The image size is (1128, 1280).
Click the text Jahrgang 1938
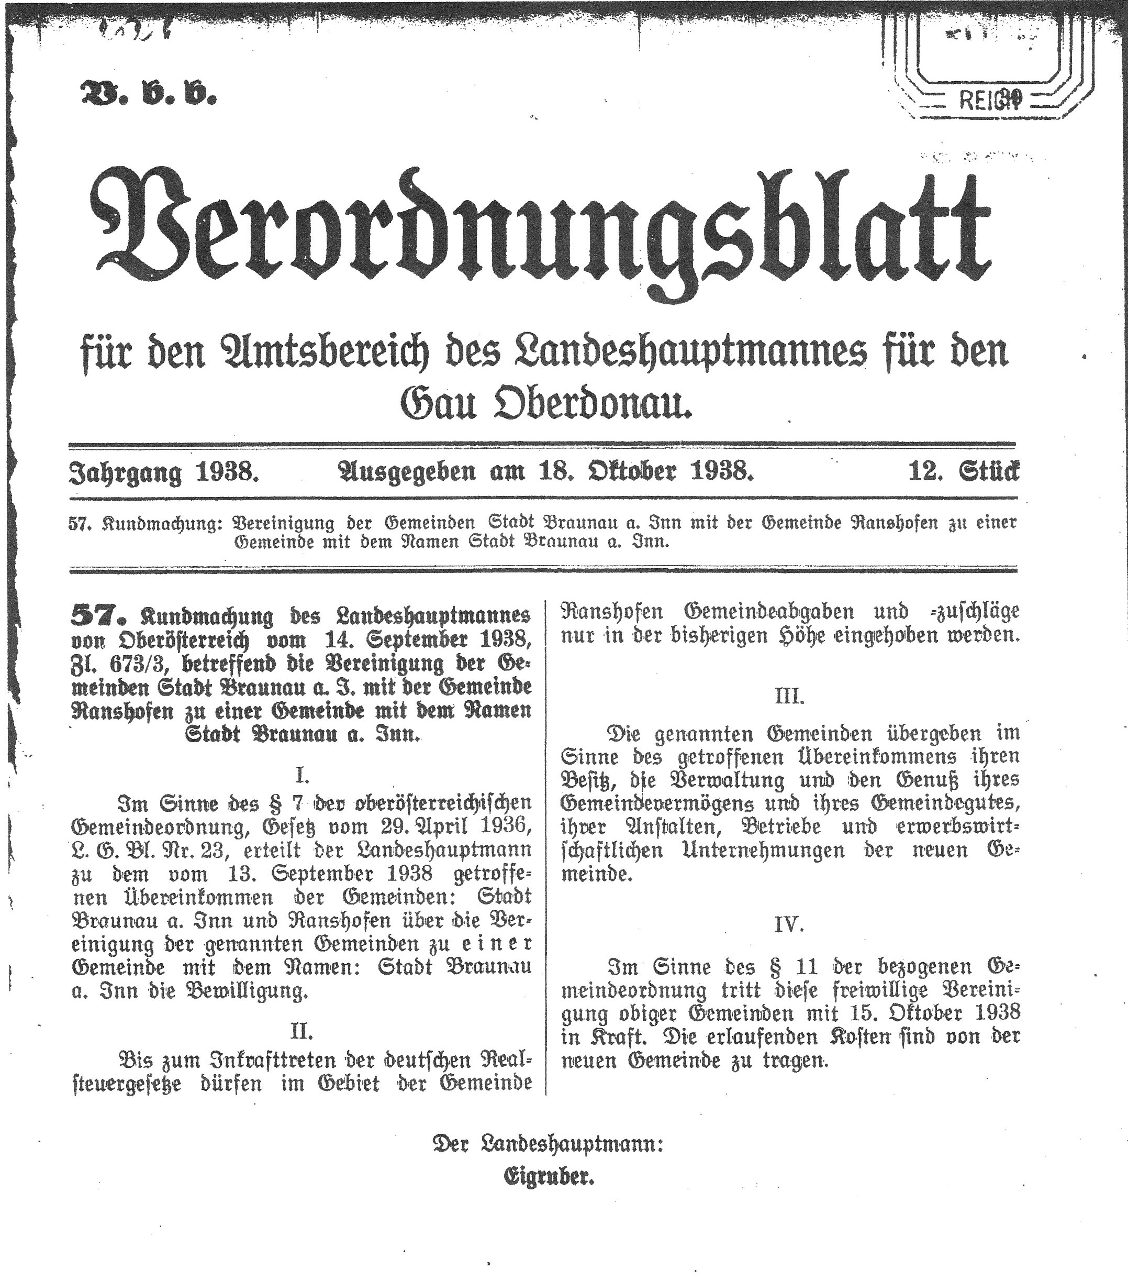click(163, 471)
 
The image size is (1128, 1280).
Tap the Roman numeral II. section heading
click(303, 1031)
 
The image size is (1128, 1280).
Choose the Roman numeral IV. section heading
click(789, 924)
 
